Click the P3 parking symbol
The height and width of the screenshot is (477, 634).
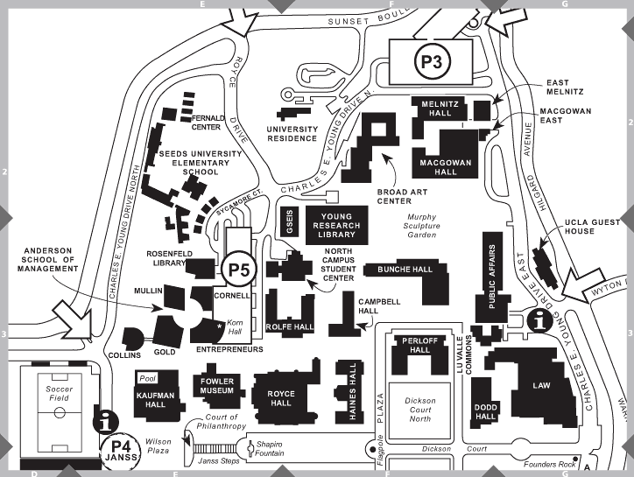pyautogui.click(x=432, y=61)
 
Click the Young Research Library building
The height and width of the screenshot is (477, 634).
pyautogui.click(x=337, y=224)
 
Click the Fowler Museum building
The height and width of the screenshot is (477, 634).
pyautogui.click(x=214, y=386)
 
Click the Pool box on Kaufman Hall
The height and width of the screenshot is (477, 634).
pyautogui.click(x=147, y=380)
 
